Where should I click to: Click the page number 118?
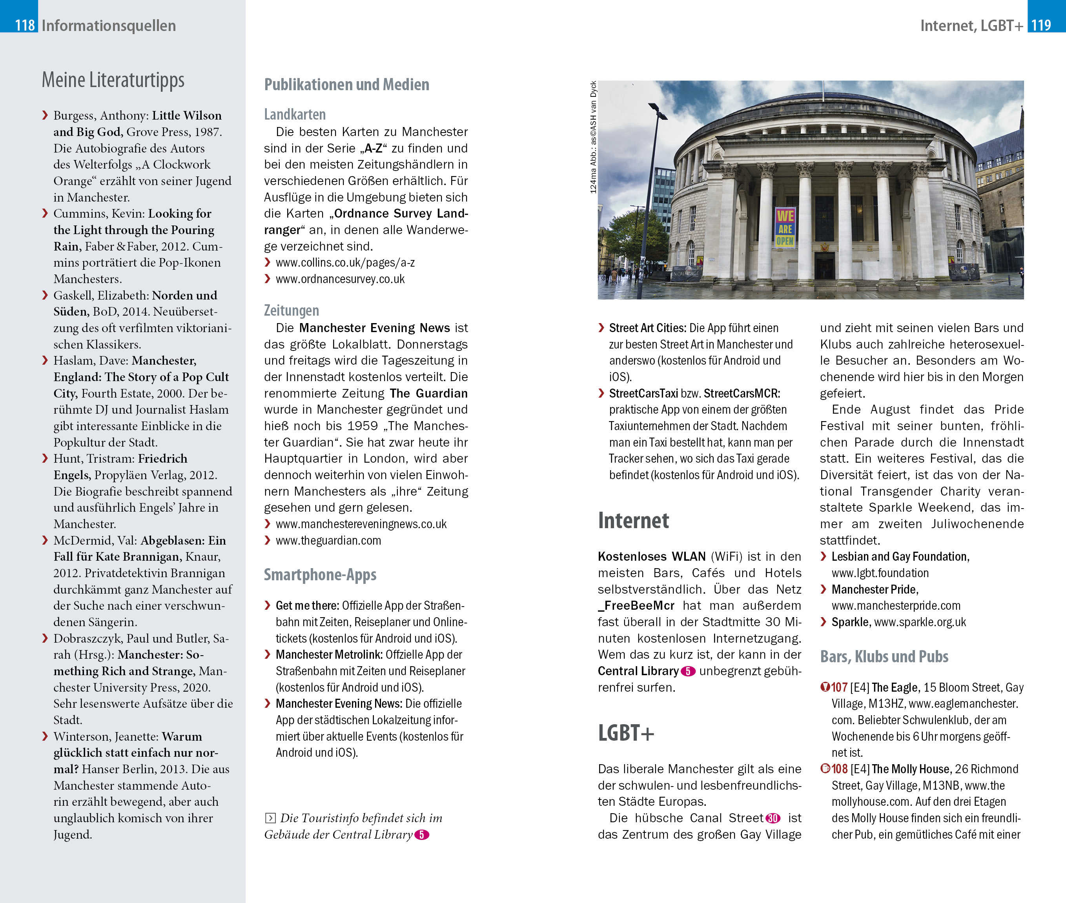coord(25,25)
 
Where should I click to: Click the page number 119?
coord(1040,25)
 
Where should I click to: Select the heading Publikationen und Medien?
coord(346,84)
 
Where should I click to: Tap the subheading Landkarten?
coord(295,114)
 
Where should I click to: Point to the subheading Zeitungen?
coord(291,310)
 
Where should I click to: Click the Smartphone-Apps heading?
coord(320,574)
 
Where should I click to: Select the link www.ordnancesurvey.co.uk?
coord(340,279)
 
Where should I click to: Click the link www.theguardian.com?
coord(328,541)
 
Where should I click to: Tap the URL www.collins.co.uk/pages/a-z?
coord(345,263)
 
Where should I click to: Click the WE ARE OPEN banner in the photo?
coord(784,228)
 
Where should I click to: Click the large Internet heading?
coord(633,521)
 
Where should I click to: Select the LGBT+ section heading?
coord(625,733)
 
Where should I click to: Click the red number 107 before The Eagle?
coord(839,687)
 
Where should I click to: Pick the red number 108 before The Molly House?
coord(839,769)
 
